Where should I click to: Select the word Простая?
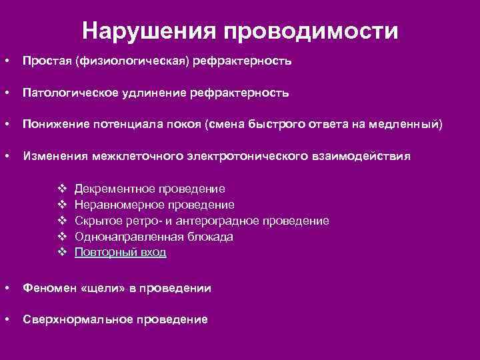pyautogui.click(x=48, y=61)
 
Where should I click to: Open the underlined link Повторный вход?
pyautogui.click(x=121, y=253)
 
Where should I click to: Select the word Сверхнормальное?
pyautogui.click(x=72, y=319)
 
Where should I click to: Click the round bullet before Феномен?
pyautogui.click(x=6, y=288)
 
